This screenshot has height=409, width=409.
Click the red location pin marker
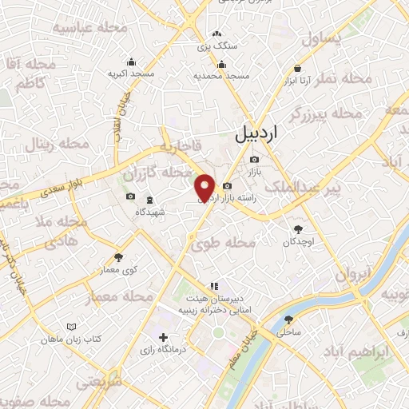[205, 188]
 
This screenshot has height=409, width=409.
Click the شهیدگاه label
[150, 212]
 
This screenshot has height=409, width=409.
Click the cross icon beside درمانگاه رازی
[163, 337]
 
